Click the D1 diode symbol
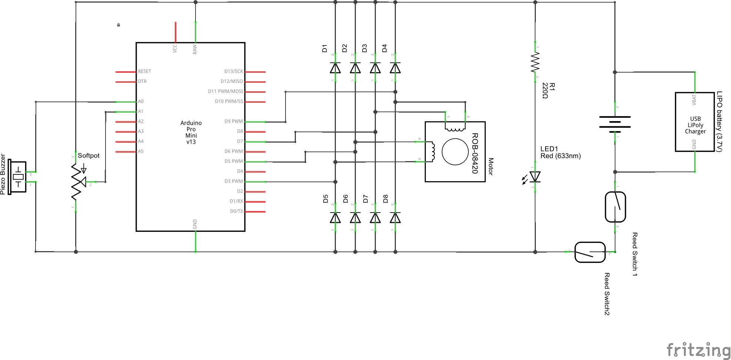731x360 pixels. point(335,68)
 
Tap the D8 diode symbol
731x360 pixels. point(395,217)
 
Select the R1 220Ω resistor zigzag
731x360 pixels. point(535,62)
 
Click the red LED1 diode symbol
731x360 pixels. point(535,177)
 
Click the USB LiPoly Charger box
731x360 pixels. point(695,122)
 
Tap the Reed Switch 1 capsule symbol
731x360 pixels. point(615,207)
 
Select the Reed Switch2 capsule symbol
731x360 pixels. point(590,252)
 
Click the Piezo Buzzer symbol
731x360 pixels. point(17,177)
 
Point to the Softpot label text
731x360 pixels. point(89,156)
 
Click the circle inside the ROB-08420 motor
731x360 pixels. point(455,151)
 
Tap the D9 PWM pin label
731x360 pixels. point(234,121)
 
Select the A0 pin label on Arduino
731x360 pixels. point(141,101)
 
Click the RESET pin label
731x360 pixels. point(144,71)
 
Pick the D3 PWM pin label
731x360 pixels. point(234,181)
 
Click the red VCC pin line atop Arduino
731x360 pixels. point(176,32)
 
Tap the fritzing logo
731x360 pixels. point(698,350)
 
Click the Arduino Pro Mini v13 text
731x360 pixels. point(191,132)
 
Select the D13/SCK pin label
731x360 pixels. point(234,71)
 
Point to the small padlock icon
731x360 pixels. point(119,25)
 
